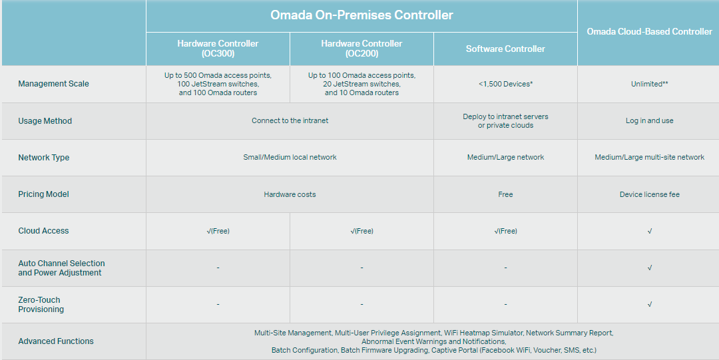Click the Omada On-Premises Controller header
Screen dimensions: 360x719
[361, 15]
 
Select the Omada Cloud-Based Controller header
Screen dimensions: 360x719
[649, 32]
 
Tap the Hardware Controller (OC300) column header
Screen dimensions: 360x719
[218, 49]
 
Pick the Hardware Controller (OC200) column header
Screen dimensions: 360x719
[361, 49]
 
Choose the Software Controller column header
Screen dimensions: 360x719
[505, 49]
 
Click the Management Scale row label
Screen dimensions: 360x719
[53, 84]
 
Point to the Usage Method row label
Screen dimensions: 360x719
[45, 121]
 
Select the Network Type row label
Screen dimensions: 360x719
[44, 158]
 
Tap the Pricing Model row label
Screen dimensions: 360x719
[44, 194]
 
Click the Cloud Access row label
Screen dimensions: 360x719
[43, 231]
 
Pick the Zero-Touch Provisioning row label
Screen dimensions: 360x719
[41, 305]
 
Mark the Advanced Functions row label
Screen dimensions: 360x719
[56, 341]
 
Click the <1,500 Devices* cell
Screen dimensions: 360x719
[505, 84]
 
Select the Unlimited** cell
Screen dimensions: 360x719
[649, 84]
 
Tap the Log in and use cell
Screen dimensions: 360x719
[649, 121]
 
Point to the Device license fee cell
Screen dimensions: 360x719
[649, 194]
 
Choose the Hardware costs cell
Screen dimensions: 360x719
[290, 194]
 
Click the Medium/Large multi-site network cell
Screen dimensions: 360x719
[649, 158]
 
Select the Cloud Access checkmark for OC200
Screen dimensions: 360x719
[361, 231]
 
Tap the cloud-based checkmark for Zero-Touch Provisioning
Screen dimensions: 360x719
[649, 305]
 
